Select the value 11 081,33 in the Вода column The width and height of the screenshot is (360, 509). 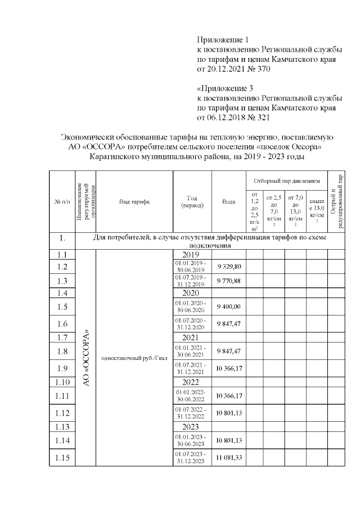coord(229,458)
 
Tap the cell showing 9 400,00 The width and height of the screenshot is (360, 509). coord(229,307)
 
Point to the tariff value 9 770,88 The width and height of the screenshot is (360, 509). coord(229,281)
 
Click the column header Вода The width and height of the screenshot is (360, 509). coord(229,201)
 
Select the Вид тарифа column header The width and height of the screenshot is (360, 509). coord(134,201)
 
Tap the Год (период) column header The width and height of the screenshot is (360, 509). coord(192,201)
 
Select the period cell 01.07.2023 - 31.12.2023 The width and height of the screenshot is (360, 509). coord(192,458)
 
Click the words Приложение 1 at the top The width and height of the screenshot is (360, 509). coord(222,40)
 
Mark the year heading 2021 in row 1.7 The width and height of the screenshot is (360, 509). coord(192,337)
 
